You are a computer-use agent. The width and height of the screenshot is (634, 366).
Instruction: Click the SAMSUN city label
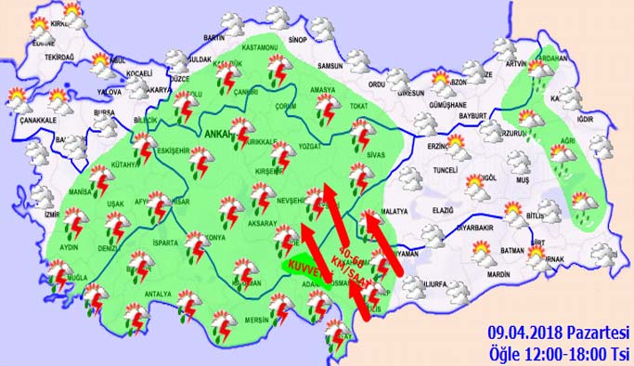(330, 66)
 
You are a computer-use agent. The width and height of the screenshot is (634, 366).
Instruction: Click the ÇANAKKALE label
(33, 121)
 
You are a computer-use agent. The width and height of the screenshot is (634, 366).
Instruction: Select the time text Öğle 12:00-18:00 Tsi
(558, 352)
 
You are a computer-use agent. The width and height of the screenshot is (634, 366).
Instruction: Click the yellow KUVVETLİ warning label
(306, 268)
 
